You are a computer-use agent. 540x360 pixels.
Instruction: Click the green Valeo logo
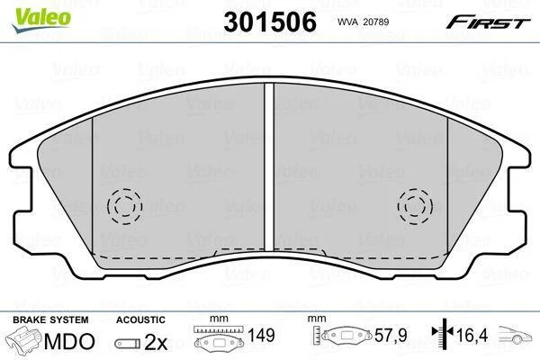tap(41, 20)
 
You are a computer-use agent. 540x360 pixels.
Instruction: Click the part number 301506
tap(270, 22)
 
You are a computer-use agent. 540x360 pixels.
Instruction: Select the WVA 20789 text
tap(363, 22)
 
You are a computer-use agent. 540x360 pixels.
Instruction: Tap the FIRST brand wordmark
tap(488, 22)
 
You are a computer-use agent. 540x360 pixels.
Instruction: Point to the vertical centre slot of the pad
tap(269, 166)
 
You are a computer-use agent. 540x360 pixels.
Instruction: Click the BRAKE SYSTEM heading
tap(50, 319)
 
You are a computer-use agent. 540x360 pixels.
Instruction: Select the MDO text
tap(69, 341)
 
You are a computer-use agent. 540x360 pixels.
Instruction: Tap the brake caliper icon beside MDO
tap(25, 341)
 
